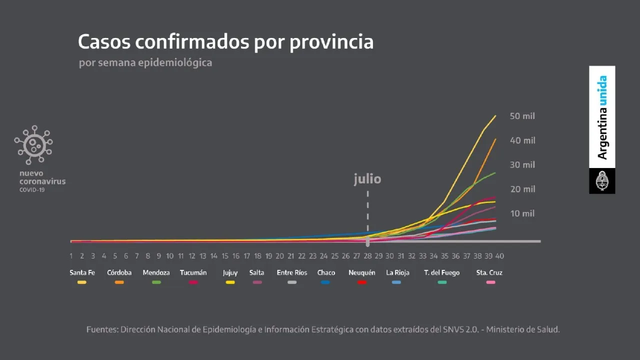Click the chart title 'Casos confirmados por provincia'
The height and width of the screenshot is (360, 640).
pyautogui.click(x=225, y=42)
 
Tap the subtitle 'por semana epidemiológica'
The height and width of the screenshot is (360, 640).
pyautogui.click(x=145, y=63)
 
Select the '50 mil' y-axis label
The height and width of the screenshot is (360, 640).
pyautogui.click(x=522, y=116)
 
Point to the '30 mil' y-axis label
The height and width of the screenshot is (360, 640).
pyautogui.click(x=522, y=165)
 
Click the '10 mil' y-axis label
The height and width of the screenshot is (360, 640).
pyautogui.click(x=522, y=213)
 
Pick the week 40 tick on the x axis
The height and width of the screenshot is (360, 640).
pyautogui.click(x=499, y=256)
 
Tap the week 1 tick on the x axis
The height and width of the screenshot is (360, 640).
pyautogui.click(x=71, y=256)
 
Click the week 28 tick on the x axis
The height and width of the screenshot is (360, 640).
pyautogui.click(x=367, y=256)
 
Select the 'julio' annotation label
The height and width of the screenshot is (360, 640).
pyautogui.click(x=367, y=179)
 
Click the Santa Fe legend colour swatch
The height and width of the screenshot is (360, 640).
pyautogui.click(x=82, y=282)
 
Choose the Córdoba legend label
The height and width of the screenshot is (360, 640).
pyautogui.click(x=119, y=273)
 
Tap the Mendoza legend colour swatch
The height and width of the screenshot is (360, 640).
pyautogui.click(x=156, y=282)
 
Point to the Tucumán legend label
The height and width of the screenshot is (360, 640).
pyautogui.click(x=193, y=273)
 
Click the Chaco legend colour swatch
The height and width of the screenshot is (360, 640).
pyautogui.click(x=325, y=282)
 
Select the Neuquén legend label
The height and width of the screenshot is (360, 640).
pyautogui.click(x=362, y=273)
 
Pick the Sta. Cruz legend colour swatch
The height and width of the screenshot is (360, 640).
pyautogui.click(x=490, y=282)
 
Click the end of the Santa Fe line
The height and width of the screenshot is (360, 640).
pyautogui.click(x=495, y=116)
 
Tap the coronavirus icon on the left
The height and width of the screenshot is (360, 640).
pyautogui.click(x=33, y=144)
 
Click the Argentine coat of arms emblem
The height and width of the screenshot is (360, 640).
pyautogui.click(x=602, y=181)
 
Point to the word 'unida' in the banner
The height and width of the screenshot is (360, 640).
pyautogui.click(x=602, y=90)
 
